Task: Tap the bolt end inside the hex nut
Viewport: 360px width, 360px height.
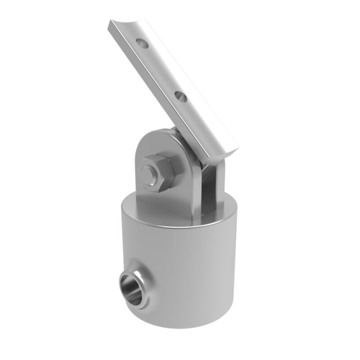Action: (x=151, y=173)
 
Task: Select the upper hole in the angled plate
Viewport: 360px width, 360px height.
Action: (x=142, y=43)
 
